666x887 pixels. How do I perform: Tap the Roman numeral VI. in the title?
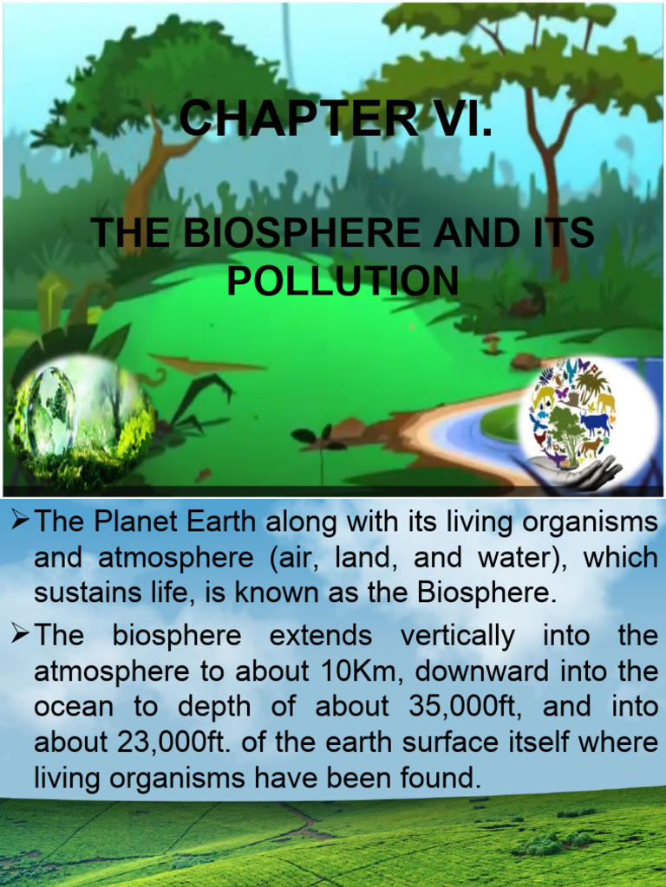(x=454, y=119)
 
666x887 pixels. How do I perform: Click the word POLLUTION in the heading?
(x=343, y=281)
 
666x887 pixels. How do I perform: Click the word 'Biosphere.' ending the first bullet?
(x=486, y=594)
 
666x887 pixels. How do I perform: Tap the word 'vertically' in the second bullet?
(x=458, y=636)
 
